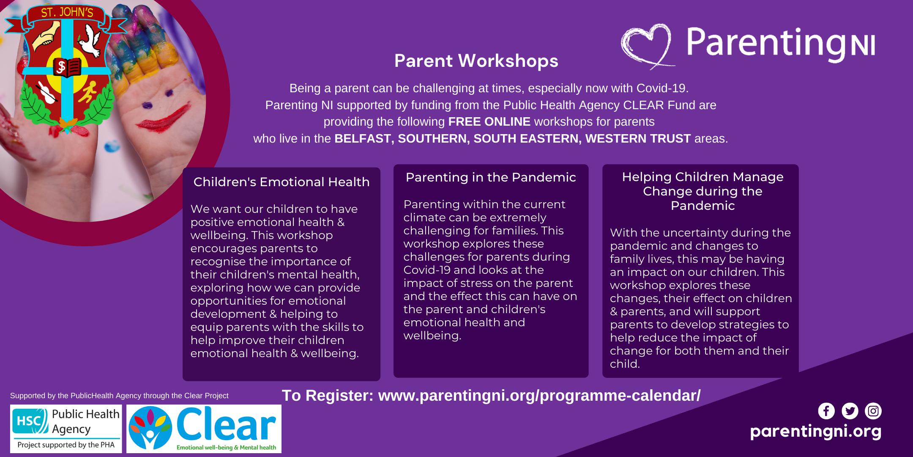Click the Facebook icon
click(826, 410)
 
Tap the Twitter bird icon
click(850, 410)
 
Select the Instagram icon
click(873, 410)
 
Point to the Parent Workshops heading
click(476, 61)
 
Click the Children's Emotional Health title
click(282, 182)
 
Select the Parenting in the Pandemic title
click(491, 177)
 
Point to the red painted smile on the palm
click(162, 116)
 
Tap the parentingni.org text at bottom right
click(816, 432)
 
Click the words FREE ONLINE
click(489, 122)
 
